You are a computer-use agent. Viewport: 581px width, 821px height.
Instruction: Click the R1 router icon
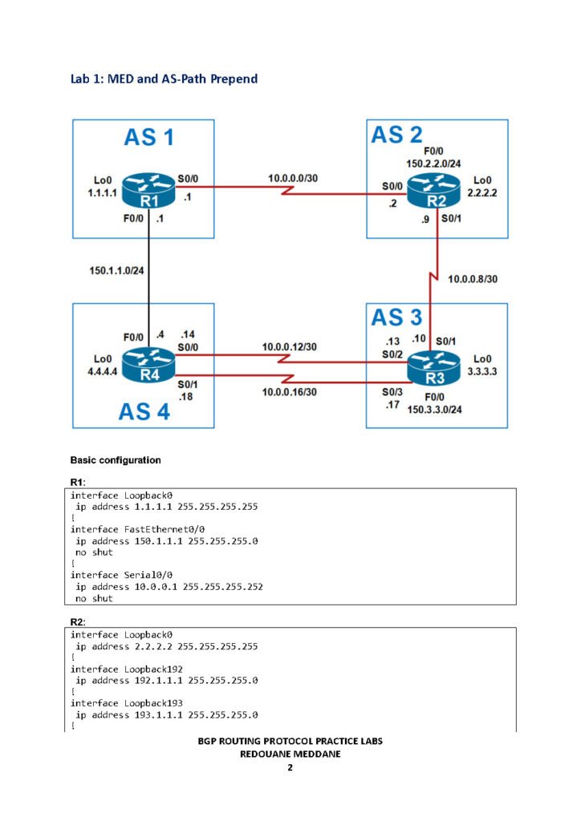coord(149,190)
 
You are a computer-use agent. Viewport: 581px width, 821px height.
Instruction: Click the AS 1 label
coord(148,137)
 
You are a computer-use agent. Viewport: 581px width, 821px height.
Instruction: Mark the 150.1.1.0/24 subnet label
coord(116,272)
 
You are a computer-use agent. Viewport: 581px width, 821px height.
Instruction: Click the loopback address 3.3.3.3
coord(485,372)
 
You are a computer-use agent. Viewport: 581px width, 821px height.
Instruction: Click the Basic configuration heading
coord(116,460)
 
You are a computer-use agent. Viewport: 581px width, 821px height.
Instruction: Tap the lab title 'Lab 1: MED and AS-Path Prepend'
coord(164,79)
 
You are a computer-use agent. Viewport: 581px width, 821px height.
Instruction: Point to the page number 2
coord(290,768)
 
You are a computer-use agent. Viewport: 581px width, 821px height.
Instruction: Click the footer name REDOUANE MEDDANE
coord(290,754)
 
